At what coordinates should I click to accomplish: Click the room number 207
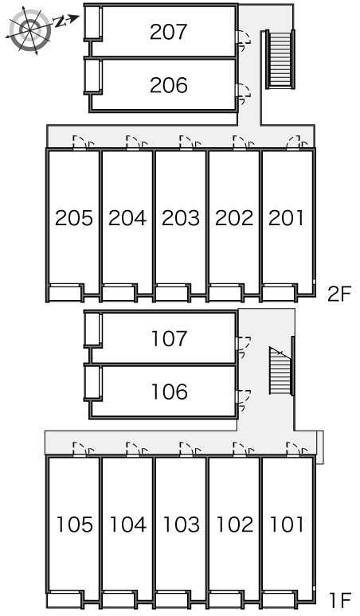168,32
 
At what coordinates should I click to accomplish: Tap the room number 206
169,85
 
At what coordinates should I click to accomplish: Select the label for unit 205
74,217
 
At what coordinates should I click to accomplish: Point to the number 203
181,217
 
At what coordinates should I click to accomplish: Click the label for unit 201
286,217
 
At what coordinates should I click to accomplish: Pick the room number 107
170,339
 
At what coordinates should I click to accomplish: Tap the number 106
170,392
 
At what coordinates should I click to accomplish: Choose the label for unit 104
127,524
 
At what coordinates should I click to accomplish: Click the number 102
235,524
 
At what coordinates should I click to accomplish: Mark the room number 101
287,524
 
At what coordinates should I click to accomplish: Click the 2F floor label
338,294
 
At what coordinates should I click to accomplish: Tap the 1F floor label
340,600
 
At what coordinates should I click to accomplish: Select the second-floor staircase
280,60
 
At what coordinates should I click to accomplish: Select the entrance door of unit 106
243,400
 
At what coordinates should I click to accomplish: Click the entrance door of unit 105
84,450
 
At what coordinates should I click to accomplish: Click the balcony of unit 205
65,294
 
